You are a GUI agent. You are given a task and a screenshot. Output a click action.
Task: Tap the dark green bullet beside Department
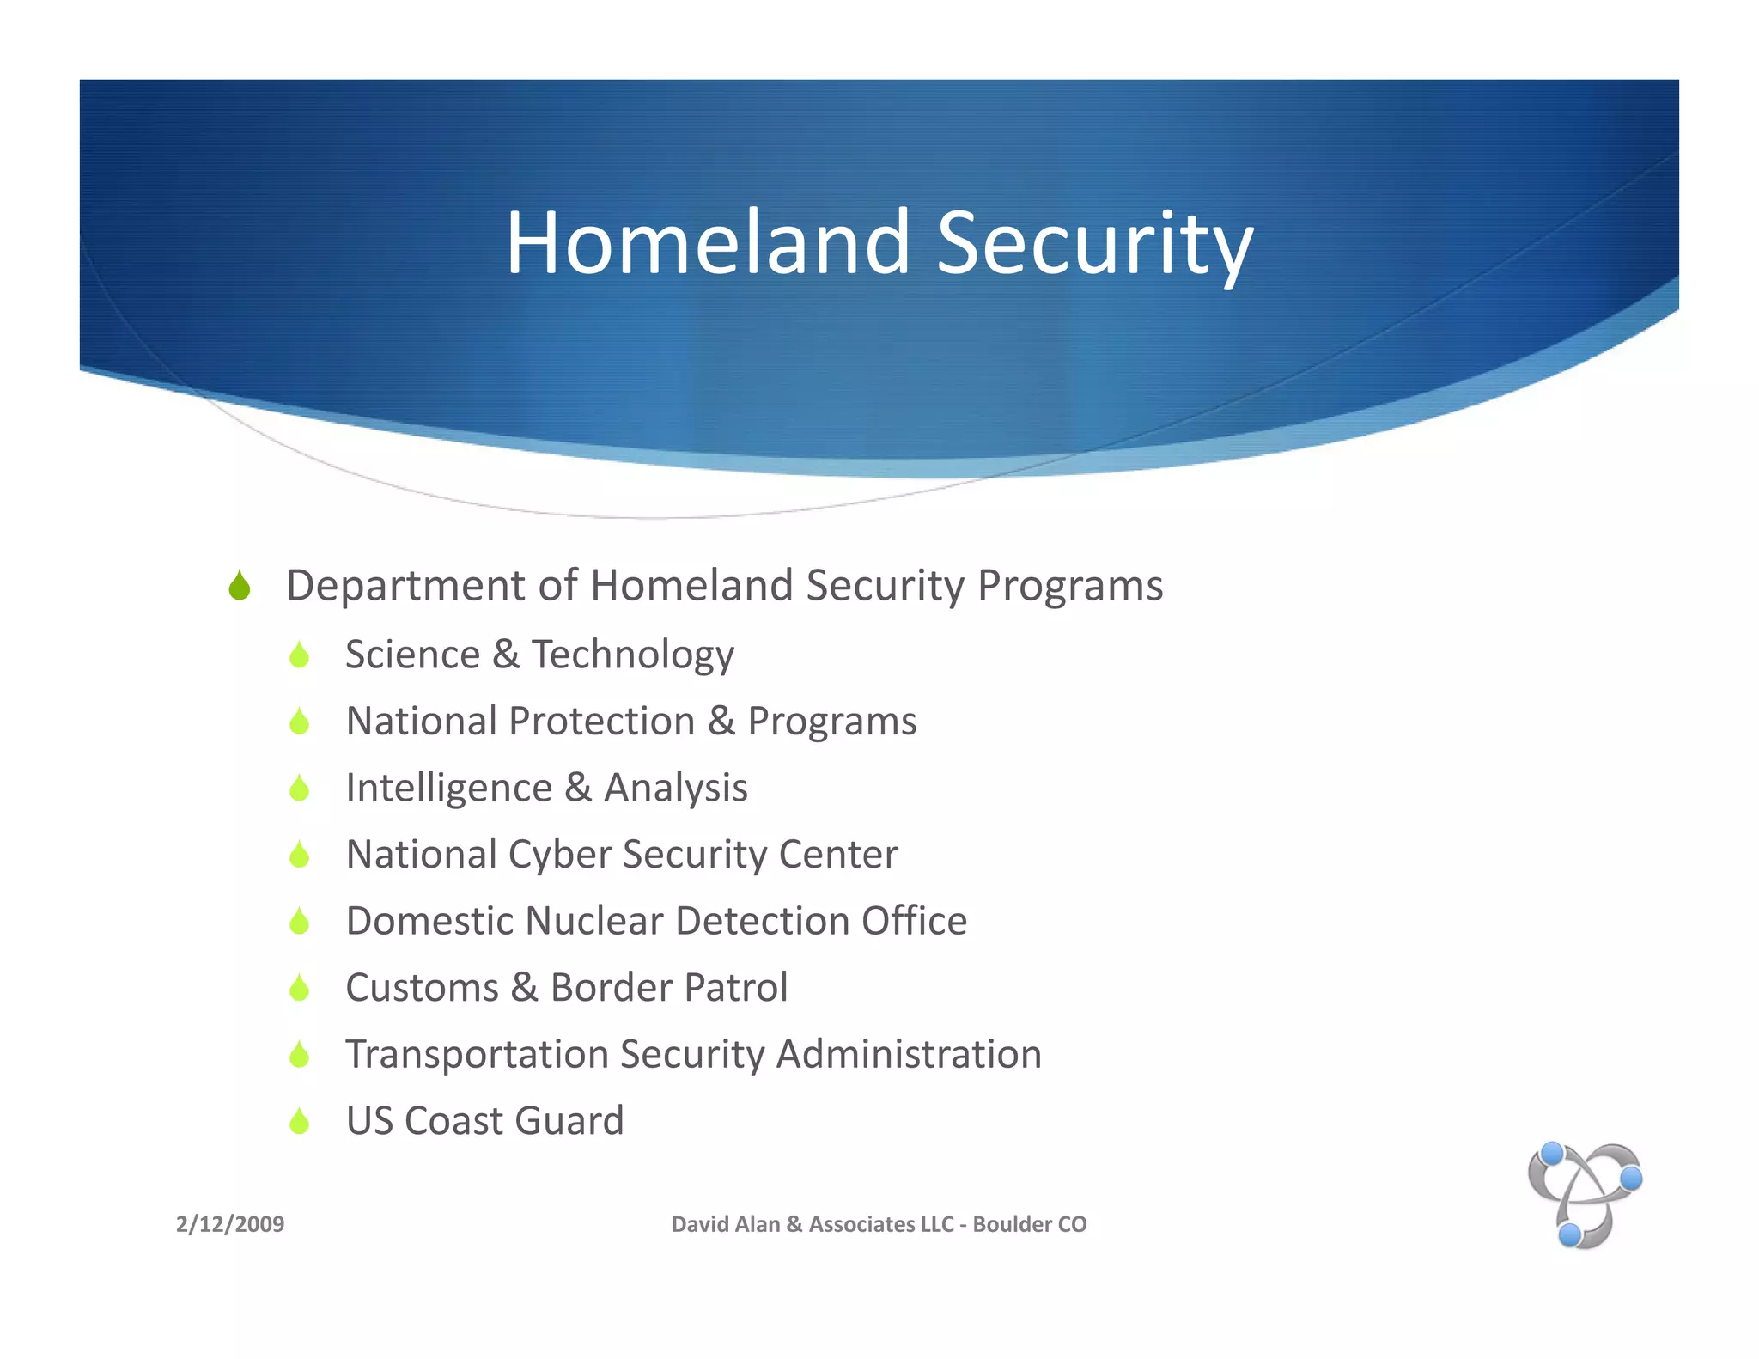[240, 587]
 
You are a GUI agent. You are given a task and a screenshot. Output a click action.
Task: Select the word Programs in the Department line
[1070, 587]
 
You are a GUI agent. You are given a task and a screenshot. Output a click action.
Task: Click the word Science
[412, 655]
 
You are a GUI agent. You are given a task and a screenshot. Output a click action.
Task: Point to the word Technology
[633, 655]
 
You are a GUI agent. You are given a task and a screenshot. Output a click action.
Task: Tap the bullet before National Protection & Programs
[299, 722]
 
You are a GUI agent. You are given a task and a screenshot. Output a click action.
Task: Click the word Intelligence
[448, 788]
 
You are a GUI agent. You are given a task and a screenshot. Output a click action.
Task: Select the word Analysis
[676, 788]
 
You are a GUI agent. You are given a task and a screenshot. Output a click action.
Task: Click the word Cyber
[558, 855]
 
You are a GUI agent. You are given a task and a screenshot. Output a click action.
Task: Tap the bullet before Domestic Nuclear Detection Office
[299, 922]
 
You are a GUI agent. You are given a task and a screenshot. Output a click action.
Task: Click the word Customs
[422, 988]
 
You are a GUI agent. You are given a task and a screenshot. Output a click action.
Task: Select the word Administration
[909, 1054]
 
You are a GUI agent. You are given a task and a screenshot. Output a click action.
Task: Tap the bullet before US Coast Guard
[299, 1121]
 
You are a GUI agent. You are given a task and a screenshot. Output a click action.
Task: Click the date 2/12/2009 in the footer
[230, 1224]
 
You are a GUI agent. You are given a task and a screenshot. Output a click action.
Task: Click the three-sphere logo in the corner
[1585, 1195]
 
